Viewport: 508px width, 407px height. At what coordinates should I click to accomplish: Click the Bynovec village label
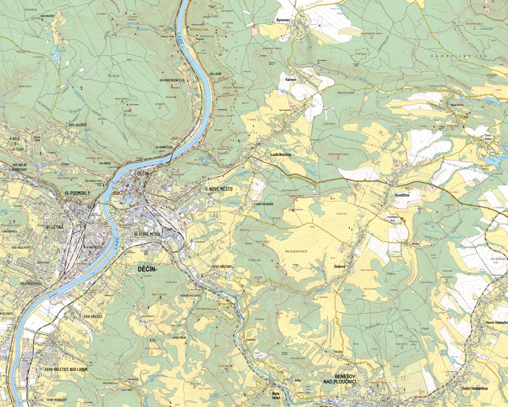pos(283,20)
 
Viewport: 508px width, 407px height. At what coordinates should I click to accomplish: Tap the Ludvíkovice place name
pos(280,155)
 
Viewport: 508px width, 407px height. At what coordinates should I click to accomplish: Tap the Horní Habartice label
pos(497,323)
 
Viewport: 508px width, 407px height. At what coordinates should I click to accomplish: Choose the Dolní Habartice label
pos(474,389)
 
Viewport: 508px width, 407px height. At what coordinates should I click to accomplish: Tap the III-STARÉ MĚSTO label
pos(147,234)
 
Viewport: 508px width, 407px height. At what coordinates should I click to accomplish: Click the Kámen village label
pos(291,80)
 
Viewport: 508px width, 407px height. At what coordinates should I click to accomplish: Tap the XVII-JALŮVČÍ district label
pos(77,125)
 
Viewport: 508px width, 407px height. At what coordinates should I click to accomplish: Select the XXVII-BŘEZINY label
pos(222,266)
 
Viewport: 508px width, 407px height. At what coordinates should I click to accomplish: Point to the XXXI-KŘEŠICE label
pos(92,316)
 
